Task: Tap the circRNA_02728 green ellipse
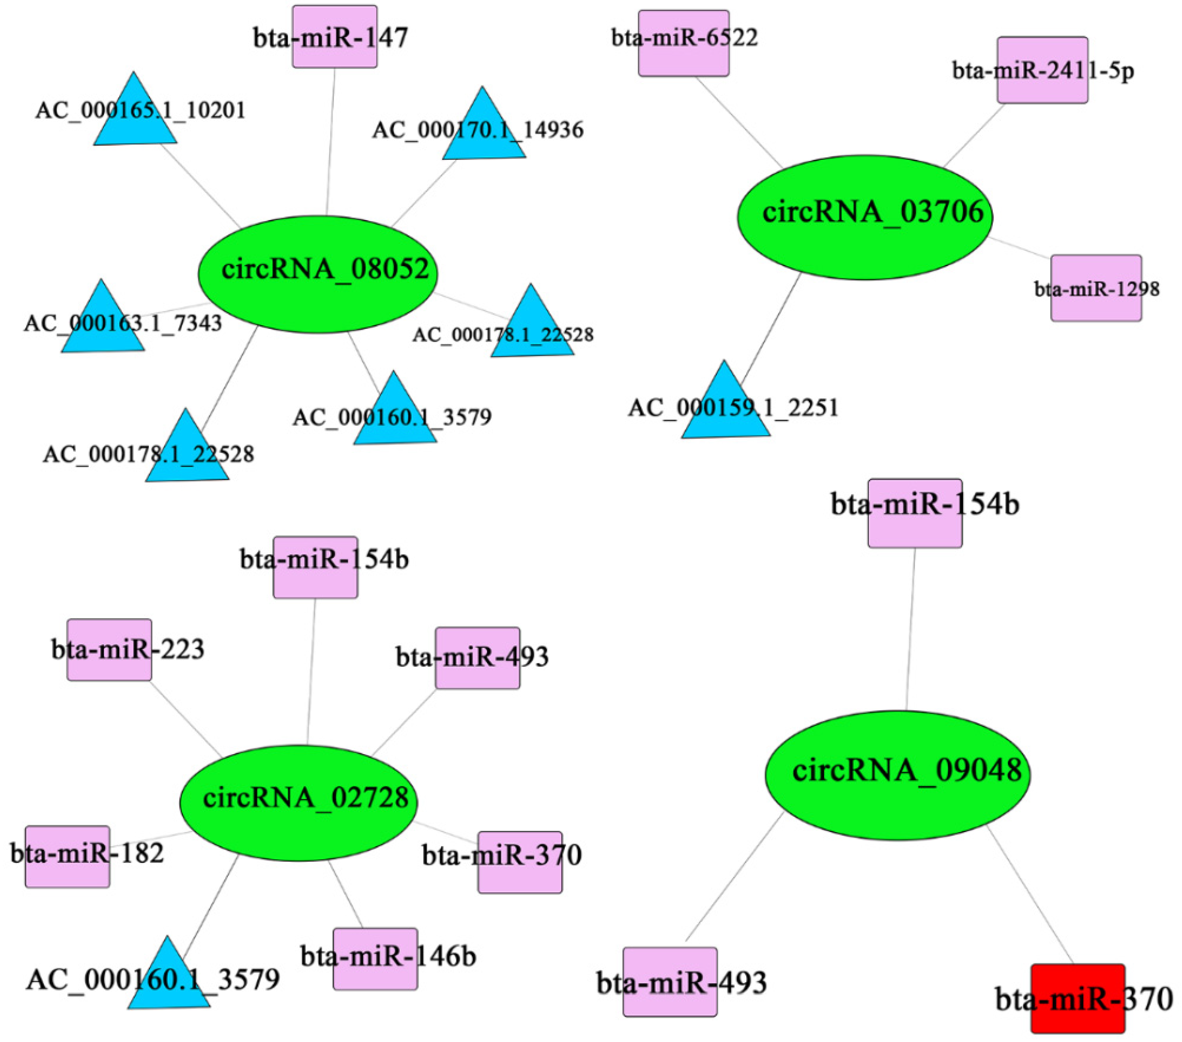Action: [x=298, y=802]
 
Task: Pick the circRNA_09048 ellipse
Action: [x=897, y=775]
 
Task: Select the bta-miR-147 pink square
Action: [x=335, y=36]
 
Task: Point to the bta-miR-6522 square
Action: [x=683, y=43]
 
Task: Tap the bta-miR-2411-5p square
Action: [x=1042, y=70]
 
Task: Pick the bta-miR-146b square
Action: [x=375, y=959]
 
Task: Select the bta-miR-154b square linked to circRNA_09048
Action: [x=915, y=513]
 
